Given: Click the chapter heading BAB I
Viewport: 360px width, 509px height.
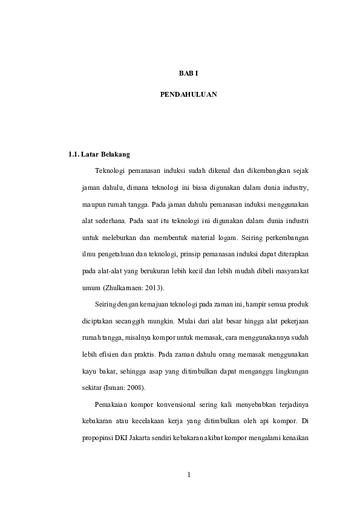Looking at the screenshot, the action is point(188,73).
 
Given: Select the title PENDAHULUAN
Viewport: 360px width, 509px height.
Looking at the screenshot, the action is point(188,95).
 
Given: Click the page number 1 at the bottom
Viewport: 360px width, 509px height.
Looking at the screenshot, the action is point(189,475).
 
